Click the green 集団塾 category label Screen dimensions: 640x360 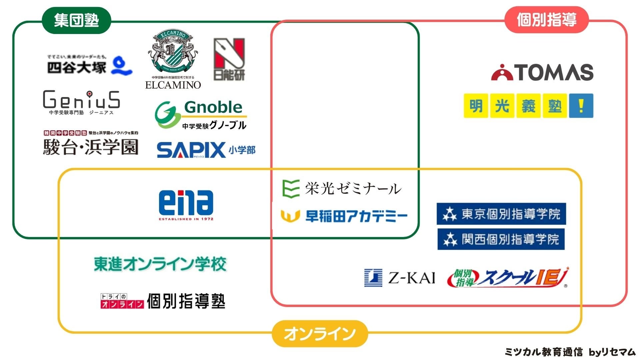76,20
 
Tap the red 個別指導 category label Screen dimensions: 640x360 546,20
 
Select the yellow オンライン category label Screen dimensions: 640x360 320,334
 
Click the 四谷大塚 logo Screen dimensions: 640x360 89,65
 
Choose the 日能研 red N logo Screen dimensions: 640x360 229,59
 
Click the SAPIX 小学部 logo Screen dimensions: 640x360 206,150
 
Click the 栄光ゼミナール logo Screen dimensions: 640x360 341,189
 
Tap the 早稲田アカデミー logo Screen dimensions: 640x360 344,216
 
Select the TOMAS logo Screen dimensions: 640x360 542,72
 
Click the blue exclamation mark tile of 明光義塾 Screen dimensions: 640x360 581,106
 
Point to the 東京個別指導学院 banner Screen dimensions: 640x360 501,214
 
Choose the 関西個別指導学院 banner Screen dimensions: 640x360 501,239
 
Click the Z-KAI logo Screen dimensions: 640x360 400,278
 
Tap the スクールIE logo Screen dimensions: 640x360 508,278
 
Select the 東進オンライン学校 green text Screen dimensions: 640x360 160,264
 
